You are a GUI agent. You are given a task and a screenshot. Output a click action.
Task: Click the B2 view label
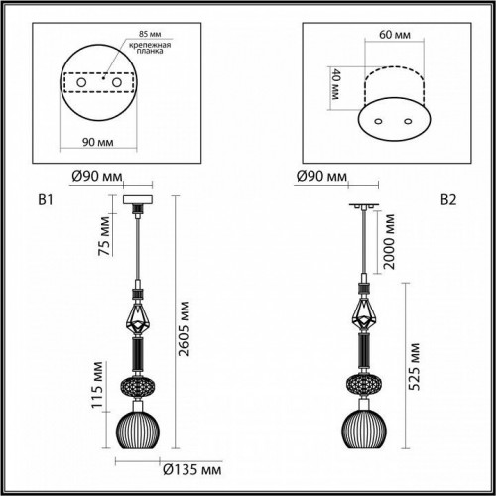point(447,200)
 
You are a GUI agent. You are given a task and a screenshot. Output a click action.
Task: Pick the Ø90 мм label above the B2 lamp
point(321,177)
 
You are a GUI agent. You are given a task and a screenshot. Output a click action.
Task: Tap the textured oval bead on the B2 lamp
point(365,385)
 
